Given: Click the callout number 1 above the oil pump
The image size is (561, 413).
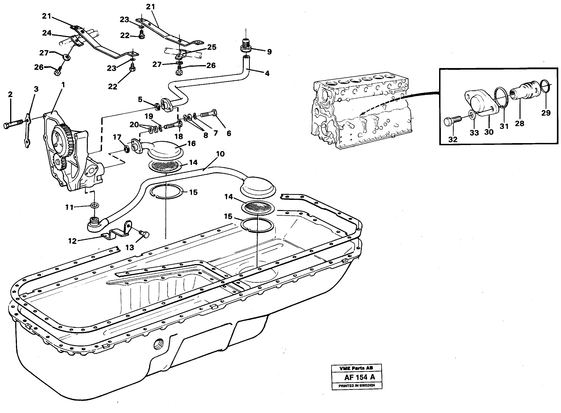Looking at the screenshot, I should point(63,85).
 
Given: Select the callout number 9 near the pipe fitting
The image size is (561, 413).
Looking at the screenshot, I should point(269,52).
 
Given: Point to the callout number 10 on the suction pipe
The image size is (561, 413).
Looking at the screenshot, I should point(220,154).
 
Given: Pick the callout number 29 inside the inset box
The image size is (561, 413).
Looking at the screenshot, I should point(546,113).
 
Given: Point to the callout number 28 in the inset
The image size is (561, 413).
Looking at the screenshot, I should point(520,123).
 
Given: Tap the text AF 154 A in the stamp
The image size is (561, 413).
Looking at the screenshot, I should point(359,377).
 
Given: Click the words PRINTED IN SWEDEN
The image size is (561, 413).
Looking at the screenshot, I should point(357,386).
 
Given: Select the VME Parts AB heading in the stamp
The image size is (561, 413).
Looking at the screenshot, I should point(356,368).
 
